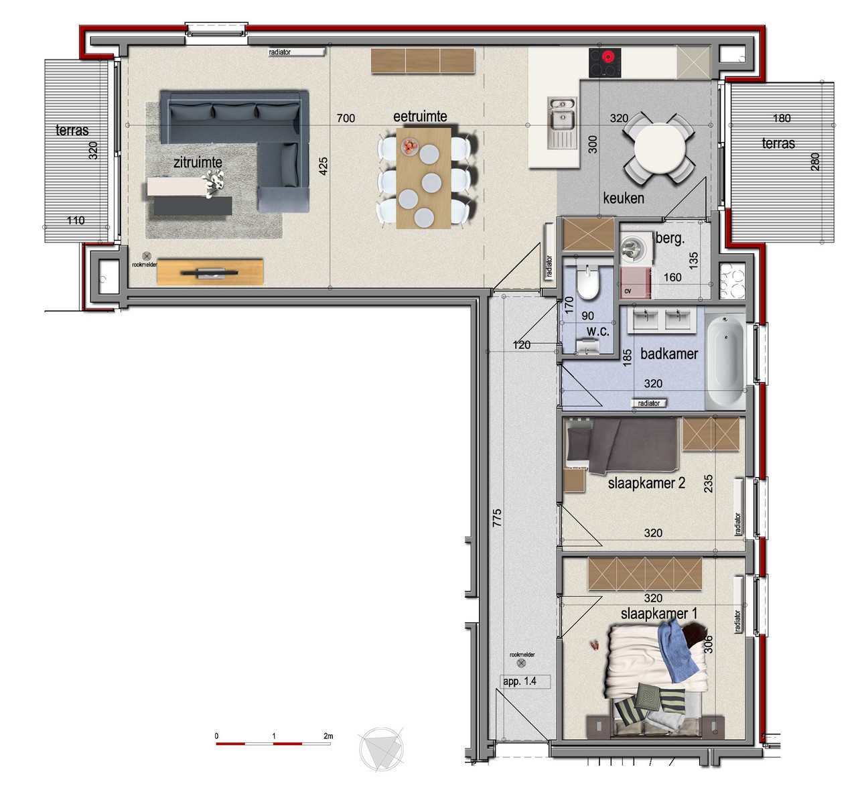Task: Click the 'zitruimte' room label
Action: tap(198, 162)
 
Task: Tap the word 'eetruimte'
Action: tap(420, 117)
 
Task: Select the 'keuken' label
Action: tap(624, 198)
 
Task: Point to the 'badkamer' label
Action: tap(669, 354)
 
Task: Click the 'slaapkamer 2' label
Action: tap(646, 483)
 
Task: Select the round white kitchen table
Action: tap(660, 149)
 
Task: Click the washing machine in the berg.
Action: tap(636, 248)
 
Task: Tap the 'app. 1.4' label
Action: tap(520, 681)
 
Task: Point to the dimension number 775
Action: tap(497, 518)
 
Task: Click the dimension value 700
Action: tap(346, 119)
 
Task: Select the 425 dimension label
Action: tap(324, 166)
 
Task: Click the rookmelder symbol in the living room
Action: tap(147, 257)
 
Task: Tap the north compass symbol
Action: tap(382, 749)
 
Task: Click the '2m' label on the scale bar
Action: tap(328, 736)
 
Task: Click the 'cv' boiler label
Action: tap(628, 291)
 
